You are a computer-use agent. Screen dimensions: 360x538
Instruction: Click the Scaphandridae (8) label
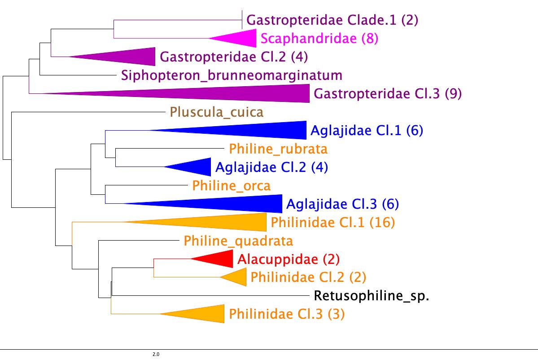pyautogui.click(x=319, y=39)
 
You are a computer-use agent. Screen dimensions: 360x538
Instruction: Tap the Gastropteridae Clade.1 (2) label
pyautogui.click(x=332, y=20)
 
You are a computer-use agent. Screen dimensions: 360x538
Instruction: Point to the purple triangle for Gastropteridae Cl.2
pyautogui.click(x=130, y=57)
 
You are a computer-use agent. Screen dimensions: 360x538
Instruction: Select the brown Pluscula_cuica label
pyautogui.click(x=216, y=112)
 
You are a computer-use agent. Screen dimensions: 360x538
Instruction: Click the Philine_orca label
pyautogui.click(x=232, y=185)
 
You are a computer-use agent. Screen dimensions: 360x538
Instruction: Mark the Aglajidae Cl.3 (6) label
pyautogui.click(x=342, y=204)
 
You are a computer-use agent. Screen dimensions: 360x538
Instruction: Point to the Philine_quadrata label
pyautogui.click(x=238, y=241)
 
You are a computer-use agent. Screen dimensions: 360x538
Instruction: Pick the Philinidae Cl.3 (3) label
pyautogui.click(x=287, y=314)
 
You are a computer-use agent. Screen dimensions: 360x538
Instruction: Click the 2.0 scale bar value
pyautogui.click(x=156, y=355)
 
